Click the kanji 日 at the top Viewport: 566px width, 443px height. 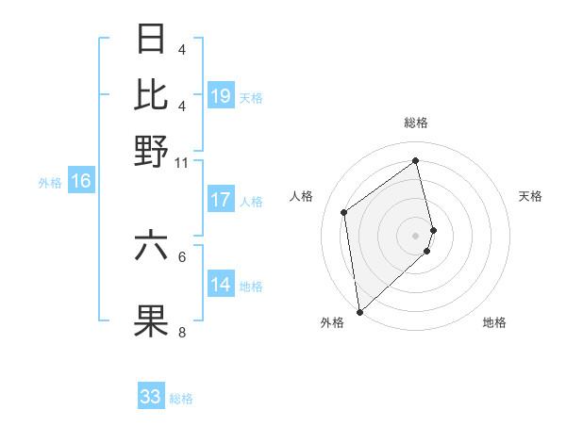pos(152,41)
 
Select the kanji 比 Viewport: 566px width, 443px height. pos(152,95)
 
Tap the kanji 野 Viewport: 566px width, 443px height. pos(152,151)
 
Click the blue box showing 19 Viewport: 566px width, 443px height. pos(221,96)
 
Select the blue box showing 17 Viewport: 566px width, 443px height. pos(221,200)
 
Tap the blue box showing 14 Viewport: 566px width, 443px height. pos(221,286)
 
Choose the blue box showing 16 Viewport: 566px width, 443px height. pos(81,182)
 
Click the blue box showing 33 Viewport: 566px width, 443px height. pos(151,397)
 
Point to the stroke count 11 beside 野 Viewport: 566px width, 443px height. pos(181,162)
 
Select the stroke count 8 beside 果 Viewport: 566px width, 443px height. pos(181,333)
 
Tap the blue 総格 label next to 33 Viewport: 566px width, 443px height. pos(181,399)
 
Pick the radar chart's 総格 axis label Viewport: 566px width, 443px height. pos(416,123)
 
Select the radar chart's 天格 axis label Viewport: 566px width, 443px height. pos(531,196)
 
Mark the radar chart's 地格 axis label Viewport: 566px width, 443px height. pos(494,323)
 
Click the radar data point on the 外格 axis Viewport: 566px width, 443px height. pos(359,311)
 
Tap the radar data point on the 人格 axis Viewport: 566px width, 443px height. pos(344,212)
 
